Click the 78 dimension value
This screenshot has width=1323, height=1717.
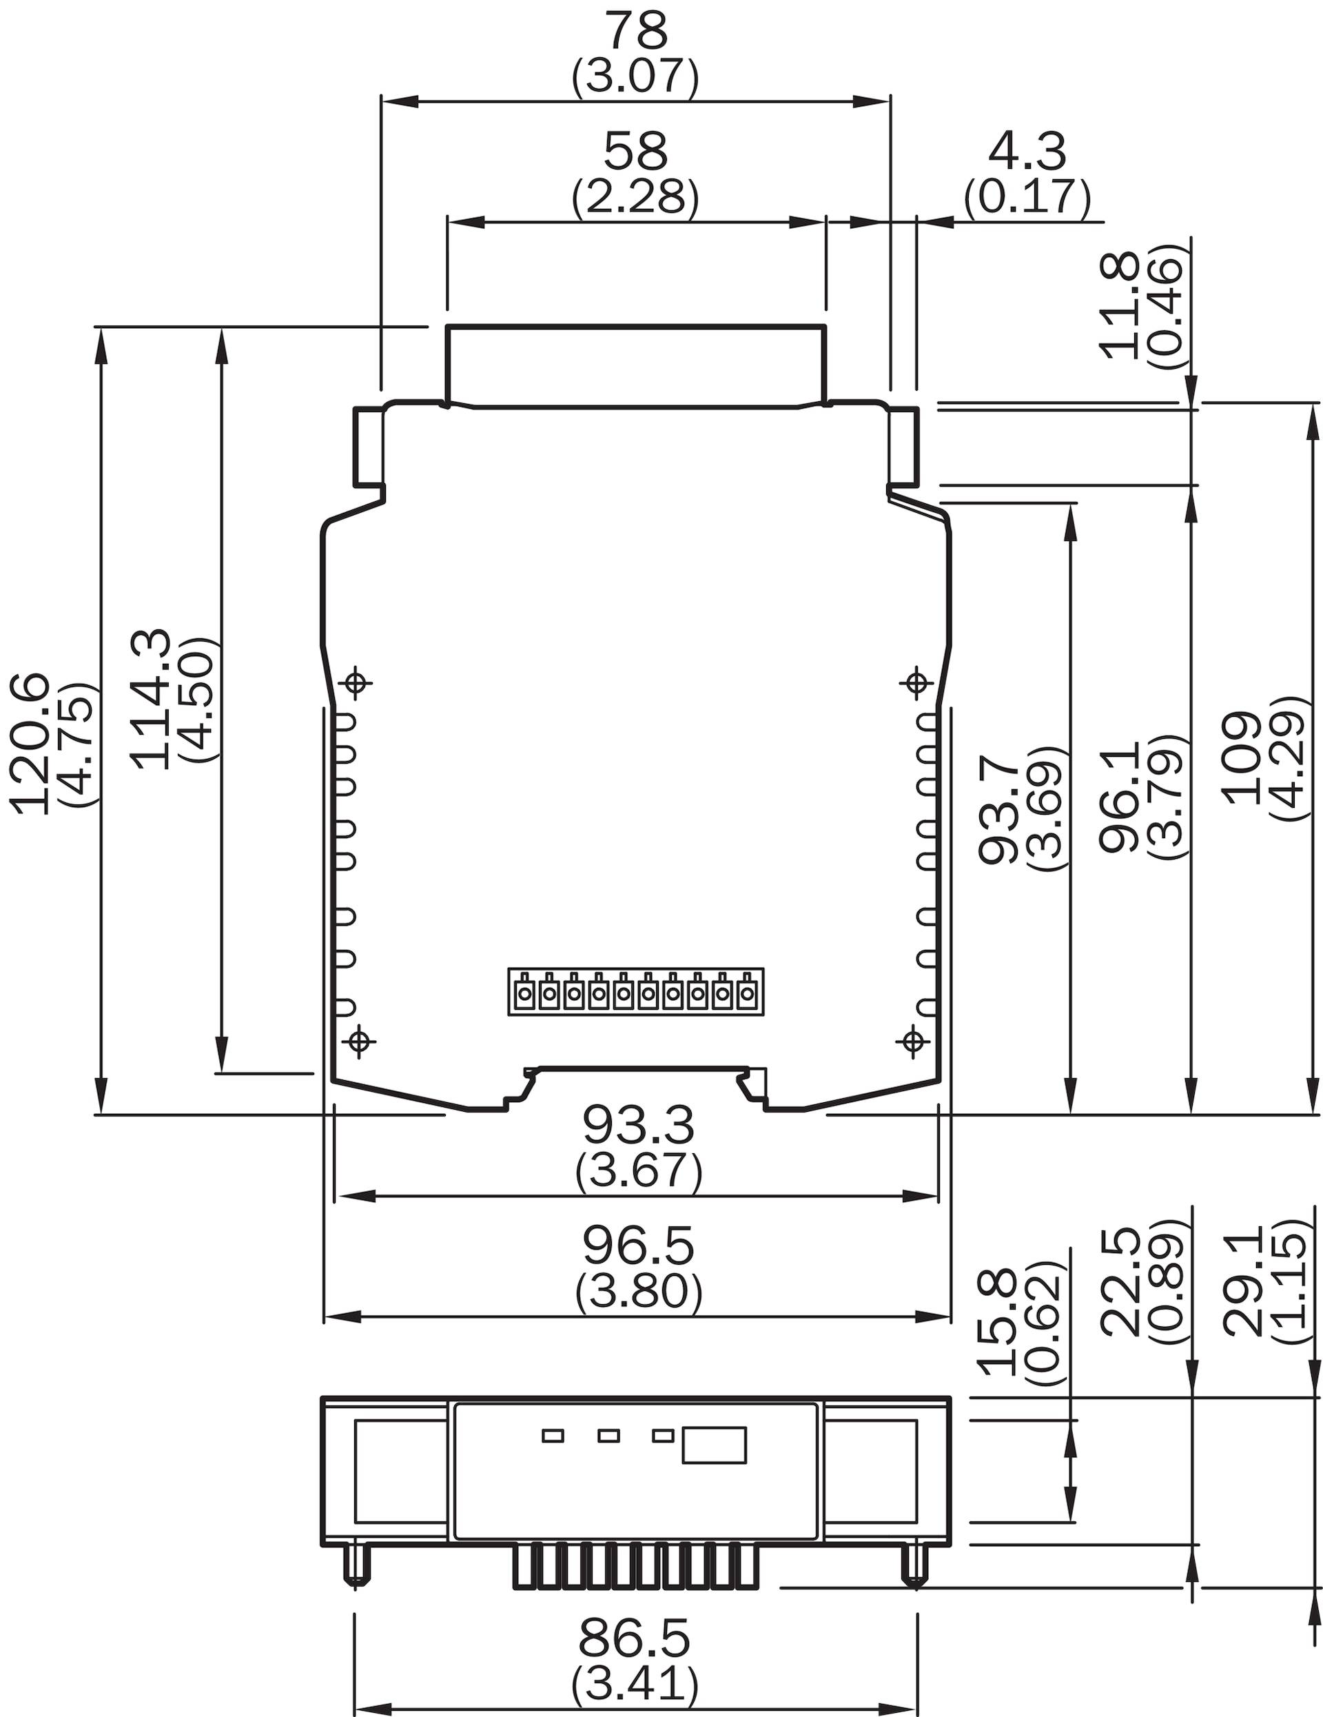click(635, 32)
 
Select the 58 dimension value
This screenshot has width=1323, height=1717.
click(635, 151)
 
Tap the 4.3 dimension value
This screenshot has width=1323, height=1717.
click(1027, 151)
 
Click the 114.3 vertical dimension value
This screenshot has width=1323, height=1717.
click(150, 699)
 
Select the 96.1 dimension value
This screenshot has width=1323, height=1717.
click(1120, 795)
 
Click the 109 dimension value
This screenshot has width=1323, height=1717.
click(1240, 758)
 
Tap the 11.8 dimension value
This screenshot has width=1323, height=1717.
click(1120, 306)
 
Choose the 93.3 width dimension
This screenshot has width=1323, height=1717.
click(638, 1126)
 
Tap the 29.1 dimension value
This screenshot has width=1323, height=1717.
click(1240, 1281)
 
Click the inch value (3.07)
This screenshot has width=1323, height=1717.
click(635, 77)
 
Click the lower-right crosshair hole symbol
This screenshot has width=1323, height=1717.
click(912, 1042)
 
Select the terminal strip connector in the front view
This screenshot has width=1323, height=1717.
click(636, 992)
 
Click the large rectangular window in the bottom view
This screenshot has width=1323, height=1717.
click(714, 1445)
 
